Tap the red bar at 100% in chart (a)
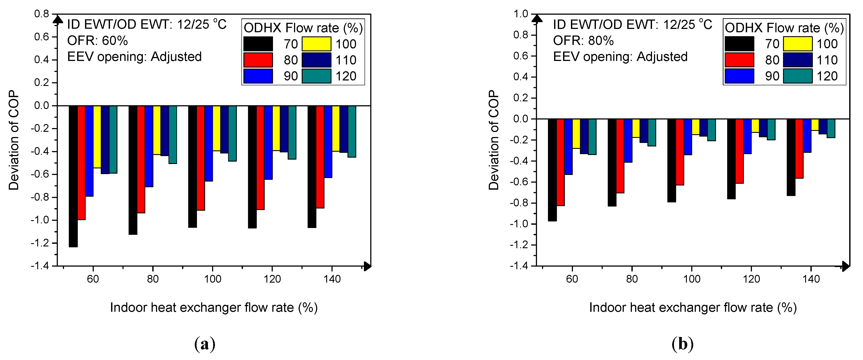(x=201, y=158)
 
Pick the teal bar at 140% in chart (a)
(x=352, y=131)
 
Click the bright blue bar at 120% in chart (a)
(x=268, y=143)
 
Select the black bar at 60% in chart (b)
(x=553, y=170)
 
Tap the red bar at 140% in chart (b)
(x=799, y=148)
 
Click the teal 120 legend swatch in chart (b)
(x=798, y=76)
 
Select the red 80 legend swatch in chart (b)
(x=739, y=60)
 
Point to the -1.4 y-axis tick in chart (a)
(x=40, y=266)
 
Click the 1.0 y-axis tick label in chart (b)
(x=520, y=14)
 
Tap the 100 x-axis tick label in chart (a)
(x=212, y=279)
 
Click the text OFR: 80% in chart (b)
(x=583, y=41)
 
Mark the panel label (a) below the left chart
(x=205, y=344)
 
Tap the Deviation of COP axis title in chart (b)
(x=494, y=140)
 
